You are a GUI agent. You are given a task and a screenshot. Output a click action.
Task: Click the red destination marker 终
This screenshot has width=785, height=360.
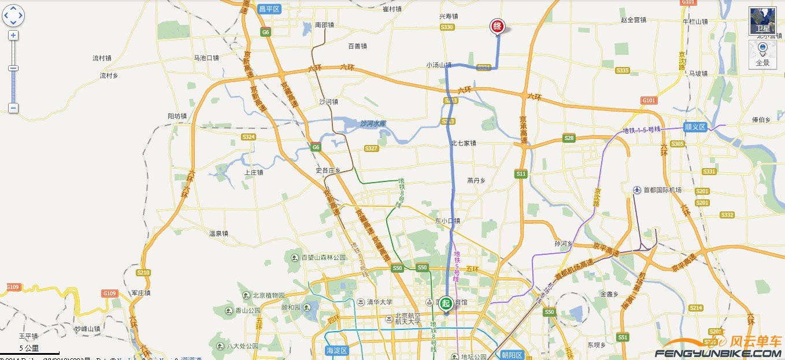coord(497,27)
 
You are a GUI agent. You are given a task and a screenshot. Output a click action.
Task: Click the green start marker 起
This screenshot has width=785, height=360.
coord(446,303)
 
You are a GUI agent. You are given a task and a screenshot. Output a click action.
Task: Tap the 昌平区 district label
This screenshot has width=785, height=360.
coord(269,9)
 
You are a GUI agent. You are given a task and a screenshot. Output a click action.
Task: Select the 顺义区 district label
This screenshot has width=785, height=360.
coord(695,127)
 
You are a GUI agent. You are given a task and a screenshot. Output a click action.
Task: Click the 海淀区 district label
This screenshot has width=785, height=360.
coord(336,351)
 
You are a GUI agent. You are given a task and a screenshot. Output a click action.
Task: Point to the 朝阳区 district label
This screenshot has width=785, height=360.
coord(511,355)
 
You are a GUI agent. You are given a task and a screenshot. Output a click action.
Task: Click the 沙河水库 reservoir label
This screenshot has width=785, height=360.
coord(373,124)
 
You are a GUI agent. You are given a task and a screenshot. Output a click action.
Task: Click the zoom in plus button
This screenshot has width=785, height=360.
coord(13,35)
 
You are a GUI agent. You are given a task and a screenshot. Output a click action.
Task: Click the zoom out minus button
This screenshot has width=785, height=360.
coord(13,108)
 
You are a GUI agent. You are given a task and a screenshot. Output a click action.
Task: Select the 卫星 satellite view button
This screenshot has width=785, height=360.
coord(762,21)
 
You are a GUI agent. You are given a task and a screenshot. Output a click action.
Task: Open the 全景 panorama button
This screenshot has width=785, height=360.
coord(762,55)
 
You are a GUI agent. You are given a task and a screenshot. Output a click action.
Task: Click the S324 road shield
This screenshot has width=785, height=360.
coord(249,137)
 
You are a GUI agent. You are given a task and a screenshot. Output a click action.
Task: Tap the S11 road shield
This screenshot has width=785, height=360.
coord(521,173)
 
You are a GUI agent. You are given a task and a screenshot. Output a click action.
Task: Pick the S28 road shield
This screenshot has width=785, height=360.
coord(569,138)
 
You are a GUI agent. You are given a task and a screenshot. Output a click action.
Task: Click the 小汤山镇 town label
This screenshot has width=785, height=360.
coord(439,65)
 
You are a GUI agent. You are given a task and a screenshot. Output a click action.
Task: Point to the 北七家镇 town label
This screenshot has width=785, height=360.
coord(464,143)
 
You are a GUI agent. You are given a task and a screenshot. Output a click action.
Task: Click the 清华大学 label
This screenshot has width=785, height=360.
coord(379,302)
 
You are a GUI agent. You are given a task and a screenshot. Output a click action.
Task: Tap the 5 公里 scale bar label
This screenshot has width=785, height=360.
coord(29,348)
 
